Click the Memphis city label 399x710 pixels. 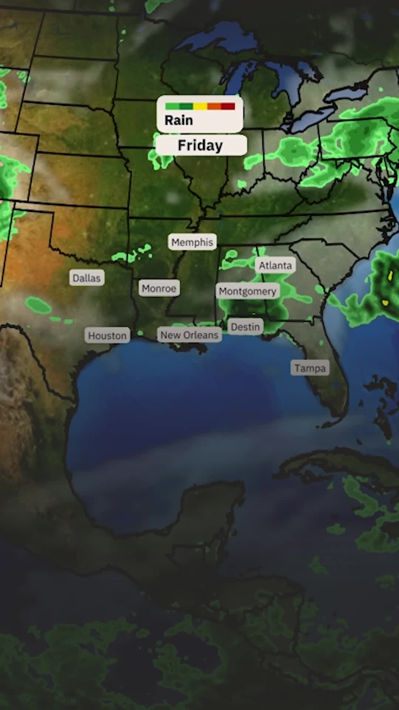tap(192, 242)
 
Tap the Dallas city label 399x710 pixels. tap(86, 278)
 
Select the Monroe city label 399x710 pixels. tap(159, 288)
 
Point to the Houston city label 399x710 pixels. tap(107, 336)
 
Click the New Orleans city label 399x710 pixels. tap(189, 335)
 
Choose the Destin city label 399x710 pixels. tap(245, 327)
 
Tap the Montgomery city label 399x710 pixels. tap(248, 291)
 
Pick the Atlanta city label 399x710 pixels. tap(275, 266)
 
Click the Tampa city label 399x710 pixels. tap(310, 368)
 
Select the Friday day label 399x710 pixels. tap(200, 145)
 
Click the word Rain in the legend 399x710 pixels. tap(179, 121)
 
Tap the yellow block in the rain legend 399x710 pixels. tap(200, 106)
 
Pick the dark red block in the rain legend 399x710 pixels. tap(228, 106)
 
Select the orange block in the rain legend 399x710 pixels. tap(214, 106)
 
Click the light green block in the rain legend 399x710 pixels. tap(172, 106)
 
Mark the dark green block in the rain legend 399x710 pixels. tap(186, 106)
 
